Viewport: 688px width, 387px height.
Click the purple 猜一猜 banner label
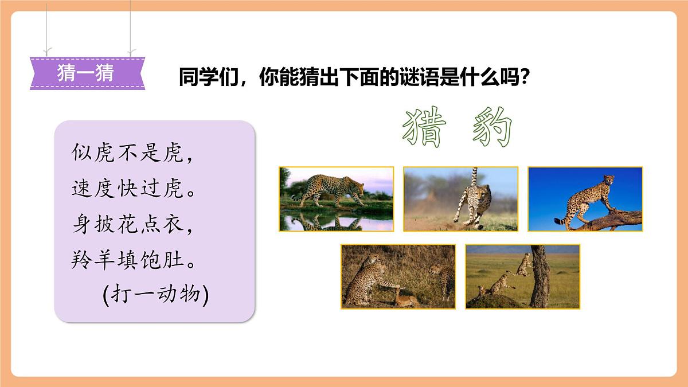(x=86, y=73)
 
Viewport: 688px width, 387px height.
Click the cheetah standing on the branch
(x=588, y=198)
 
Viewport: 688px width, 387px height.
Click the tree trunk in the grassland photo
(x=540, y=278)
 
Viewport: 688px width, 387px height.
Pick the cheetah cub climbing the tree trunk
(x=523, y=264)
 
